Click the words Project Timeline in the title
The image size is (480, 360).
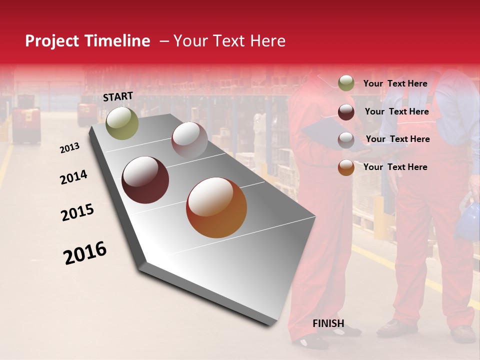click(x=87, y=41)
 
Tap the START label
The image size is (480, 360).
click(x=118, y=96)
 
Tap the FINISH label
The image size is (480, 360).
click(x=328, y=323)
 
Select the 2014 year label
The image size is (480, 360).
click(x=73, y=177)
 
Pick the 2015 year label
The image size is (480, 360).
click(x=77, y=212)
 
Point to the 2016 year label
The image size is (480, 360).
click(x=85, y=253)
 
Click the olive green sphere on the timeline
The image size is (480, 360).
click(x=122, y=123)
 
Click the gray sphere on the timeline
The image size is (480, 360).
click(x=189, y=139)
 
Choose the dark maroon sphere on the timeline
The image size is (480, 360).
click(x=145, y=180)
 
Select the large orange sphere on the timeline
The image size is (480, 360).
click(x=216, y=207)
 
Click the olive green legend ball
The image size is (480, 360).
click(x=346, y=83)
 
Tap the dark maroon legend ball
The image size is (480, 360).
click(x=346, y=112)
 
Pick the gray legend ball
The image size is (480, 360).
click(x=346, y=140)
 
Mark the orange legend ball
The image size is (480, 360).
click(x=346, y=167)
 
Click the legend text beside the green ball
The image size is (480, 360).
click(x=395, y=83)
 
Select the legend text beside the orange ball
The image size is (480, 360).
click(x=395, y=167)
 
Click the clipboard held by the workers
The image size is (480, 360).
click(x=325, y=135)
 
